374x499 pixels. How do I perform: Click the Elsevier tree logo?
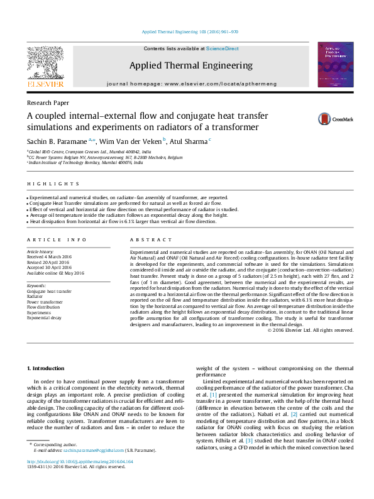tap(45, 67)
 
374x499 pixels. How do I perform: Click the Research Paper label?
tap(48, 102)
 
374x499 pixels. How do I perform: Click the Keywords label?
tap(37, 285)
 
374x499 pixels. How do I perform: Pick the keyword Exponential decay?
tap(44, 318)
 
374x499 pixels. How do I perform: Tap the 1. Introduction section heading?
tap(48, 368)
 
